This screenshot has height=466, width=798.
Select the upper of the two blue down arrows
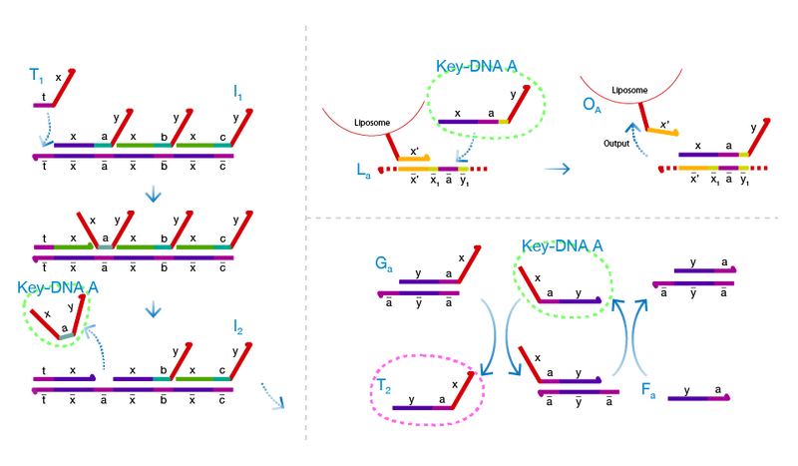tap(153, 193)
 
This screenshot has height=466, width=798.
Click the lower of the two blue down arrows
tap(153, 311)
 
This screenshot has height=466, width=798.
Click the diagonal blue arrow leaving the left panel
tap(270, 396)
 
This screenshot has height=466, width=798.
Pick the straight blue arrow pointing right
tap(557, 169)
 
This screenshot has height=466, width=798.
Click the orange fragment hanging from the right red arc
tap(662, 131)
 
